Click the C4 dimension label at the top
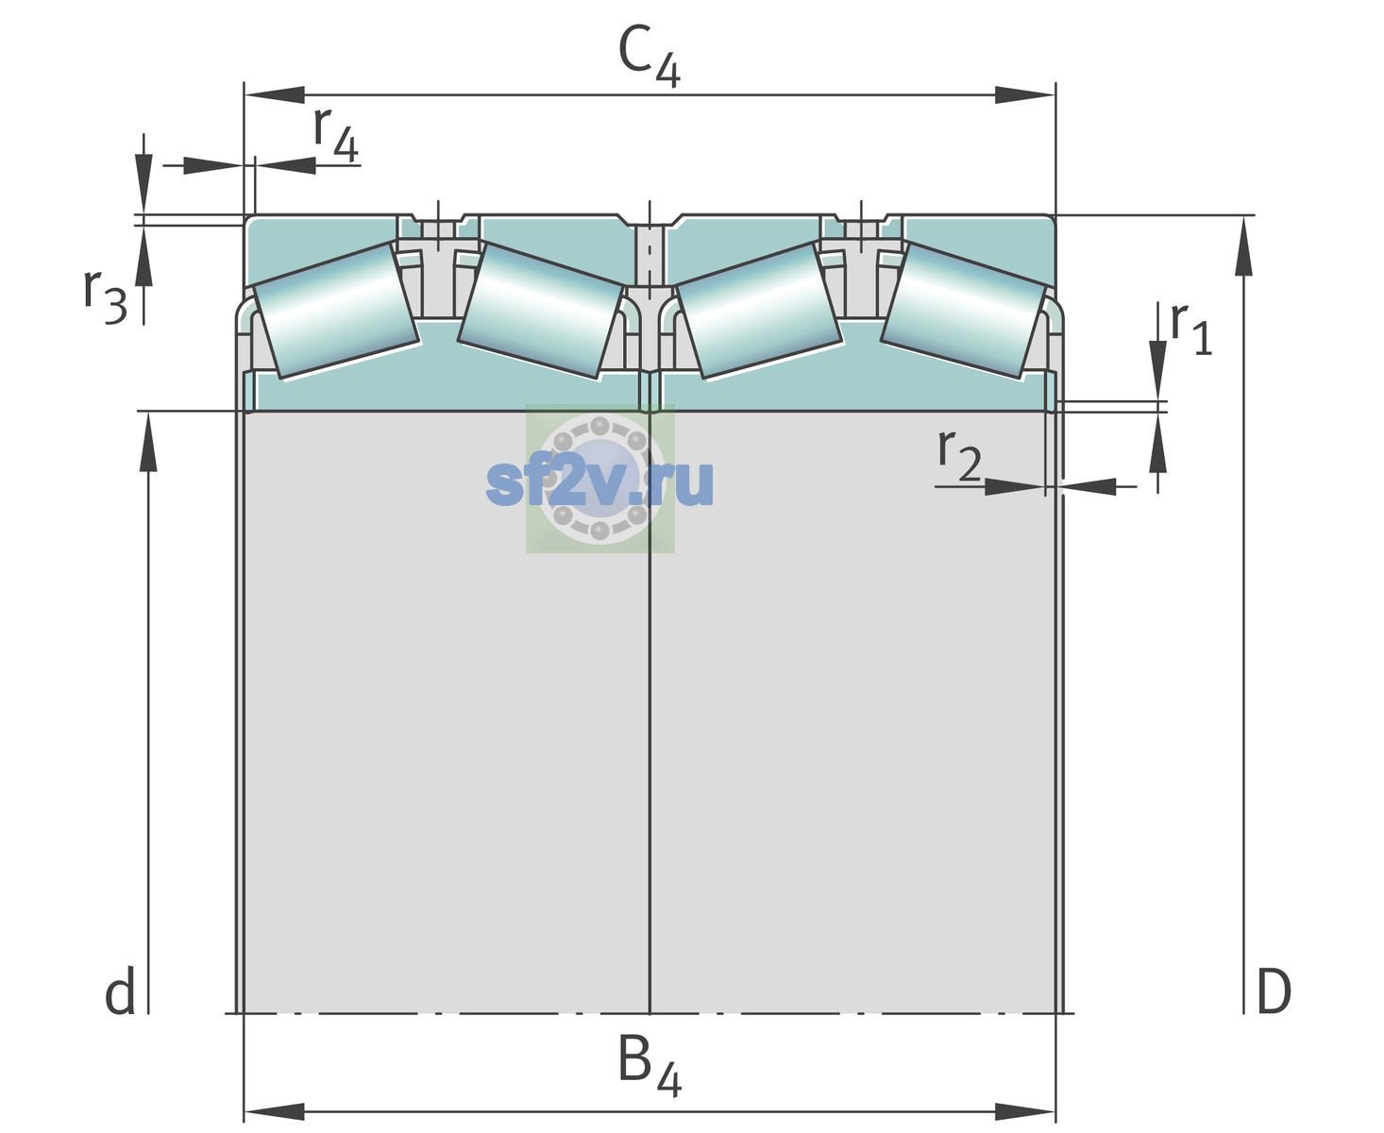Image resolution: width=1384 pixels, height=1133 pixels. click(649, 56)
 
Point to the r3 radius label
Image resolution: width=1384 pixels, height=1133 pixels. click(105, 296)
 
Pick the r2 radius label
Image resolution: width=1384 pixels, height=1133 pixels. click(959, 454)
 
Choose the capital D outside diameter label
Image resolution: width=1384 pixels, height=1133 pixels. click(1274, 990)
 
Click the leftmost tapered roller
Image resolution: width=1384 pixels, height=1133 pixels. click(335, 311)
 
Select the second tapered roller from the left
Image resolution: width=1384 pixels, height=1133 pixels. click(541, 311)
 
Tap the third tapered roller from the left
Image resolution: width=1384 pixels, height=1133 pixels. click(759, 311)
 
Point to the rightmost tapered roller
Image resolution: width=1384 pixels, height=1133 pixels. click(963, 311)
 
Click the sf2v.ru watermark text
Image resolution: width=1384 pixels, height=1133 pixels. click(599, 482)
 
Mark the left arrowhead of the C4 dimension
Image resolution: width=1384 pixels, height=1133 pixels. click(275, 94)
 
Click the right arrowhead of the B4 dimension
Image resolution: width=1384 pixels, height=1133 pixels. click(1025, 1112)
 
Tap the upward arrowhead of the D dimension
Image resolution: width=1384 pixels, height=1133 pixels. click(1243, 245)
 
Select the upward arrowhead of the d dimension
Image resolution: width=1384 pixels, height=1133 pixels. click(148, 441)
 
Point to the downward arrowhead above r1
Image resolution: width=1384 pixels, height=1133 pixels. click(1158, 370)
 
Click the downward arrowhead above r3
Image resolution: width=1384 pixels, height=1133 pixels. click(143, 184)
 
